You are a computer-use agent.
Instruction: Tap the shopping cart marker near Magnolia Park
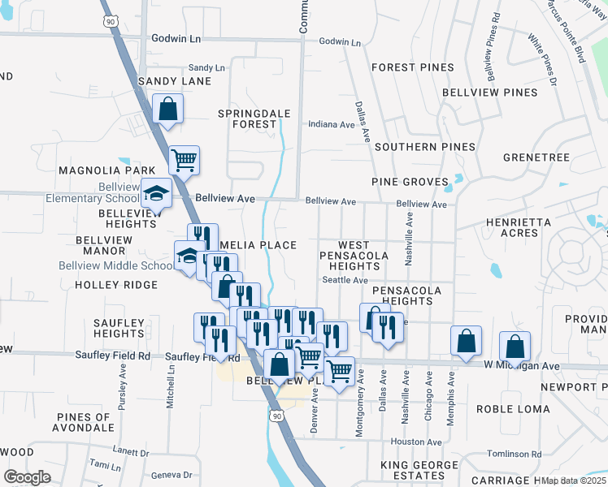(184, 160)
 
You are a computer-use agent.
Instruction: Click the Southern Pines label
(425, 147)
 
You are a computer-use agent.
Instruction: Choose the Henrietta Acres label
(518, 227)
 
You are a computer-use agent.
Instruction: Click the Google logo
(27, 476)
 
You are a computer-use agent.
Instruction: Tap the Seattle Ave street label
(345, 280)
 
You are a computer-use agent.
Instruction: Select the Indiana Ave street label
(332, 125)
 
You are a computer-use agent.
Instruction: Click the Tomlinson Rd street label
(514, 454)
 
